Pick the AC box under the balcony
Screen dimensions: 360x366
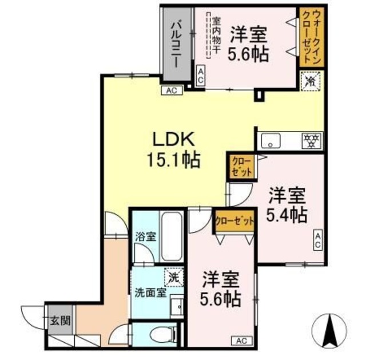171,90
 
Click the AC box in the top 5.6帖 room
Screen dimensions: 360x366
200,76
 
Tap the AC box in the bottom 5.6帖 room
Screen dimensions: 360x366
241,341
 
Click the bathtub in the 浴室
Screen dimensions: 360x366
172,235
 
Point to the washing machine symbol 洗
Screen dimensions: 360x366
172,276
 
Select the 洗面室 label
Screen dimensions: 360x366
150,291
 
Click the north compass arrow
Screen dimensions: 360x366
331,330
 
